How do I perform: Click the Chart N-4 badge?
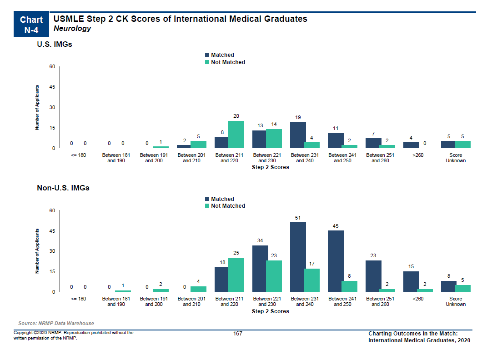(31, 25)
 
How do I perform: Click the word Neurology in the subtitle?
(72, 29)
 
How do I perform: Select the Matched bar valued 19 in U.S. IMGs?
(298, 135)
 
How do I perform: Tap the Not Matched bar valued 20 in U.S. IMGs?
(236, 135)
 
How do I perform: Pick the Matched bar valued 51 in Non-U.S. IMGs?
(298, 257)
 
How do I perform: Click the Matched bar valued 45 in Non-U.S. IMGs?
(336, 261)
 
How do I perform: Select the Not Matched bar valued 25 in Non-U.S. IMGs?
(236, 275)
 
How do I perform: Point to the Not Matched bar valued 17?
(311, 280)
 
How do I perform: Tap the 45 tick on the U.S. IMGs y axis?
(52, 87)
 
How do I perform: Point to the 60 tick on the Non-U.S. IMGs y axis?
(52, 211)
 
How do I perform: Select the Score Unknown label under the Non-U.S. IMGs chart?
(455, 302)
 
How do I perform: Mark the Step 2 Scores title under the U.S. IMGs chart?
(270, 167)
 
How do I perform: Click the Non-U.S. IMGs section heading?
(63, 188)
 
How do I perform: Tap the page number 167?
(237, 334)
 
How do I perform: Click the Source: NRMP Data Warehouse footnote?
(56, 324)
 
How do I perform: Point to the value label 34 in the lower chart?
(260, 240)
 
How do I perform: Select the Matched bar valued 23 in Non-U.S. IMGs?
(373, 276)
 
